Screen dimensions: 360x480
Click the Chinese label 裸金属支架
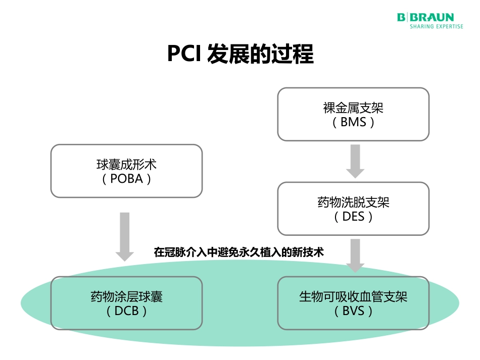pyautogui.click(x=353, y=108)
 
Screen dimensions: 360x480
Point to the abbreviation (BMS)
pyautogui.click(x=353, y=122)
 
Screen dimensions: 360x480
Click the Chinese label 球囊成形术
pyautogui.click(x=126, y=165)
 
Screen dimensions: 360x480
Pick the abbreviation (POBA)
pyautogui.click(x=126, y=179)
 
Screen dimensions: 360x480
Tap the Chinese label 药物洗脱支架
pyautogui.click(x=353, y=203)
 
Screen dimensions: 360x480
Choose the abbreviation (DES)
pyautogui.click(x=353, y=217)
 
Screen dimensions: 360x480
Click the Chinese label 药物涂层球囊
pyautogui.click(x=126, y=296)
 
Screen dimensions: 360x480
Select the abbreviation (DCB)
pyautogui.click(x=126, y=311)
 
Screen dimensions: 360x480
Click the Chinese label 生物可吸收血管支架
pyautogui.click(x=353, y=296)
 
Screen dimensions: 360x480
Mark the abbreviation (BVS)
pyautogui.click(x=353, y=311)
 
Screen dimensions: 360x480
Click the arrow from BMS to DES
pyautogui.click(x=355, y=161)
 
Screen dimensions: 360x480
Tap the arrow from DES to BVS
pyautogui.click(x=355, y=255)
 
